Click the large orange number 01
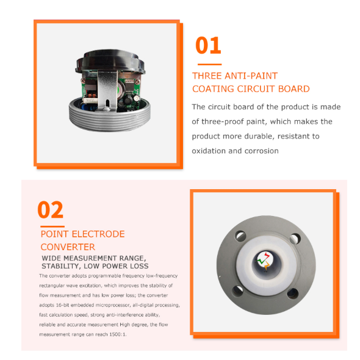click(x=208, y=45)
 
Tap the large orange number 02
click(x=50, y=210)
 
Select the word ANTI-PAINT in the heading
click(x=251, y=76)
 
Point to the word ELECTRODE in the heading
click(x=98, y=234)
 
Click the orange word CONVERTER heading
click(x=68, y=247)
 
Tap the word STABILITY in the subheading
click(x=60, y=266)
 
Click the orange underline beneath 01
click(x=209, y=65)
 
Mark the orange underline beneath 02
click(x=52, y=226)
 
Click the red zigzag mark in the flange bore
click(x=266, y=255)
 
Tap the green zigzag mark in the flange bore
click(x=261, y=261)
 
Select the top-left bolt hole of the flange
click(x=240, y=236)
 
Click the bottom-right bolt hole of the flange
click(x=293, y=294)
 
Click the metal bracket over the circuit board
click(x=107, y=91)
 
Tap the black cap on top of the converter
click(x=110, y=61)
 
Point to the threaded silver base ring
click(x=110, y=117)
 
